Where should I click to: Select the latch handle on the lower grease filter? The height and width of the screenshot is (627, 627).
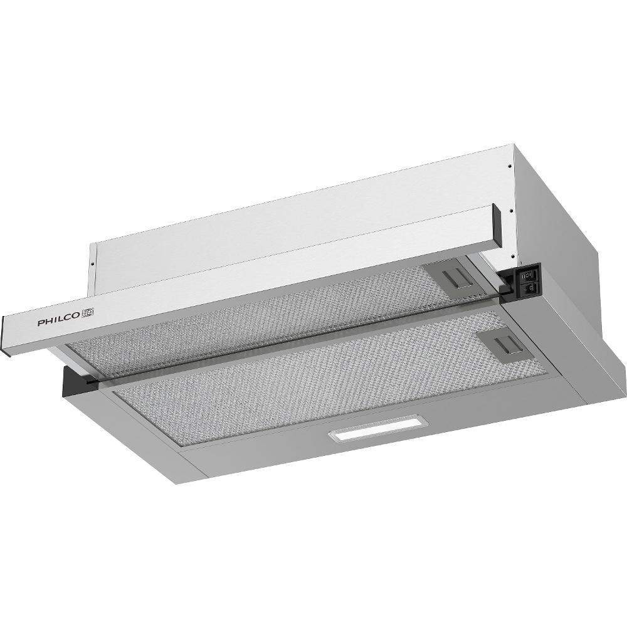[x=505, y=344]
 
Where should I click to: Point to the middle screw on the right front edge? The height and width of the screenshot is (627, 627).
[x=512, y=209]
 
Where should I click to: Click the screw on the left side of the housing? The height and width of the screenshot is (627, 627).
[x=92, y=263]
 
